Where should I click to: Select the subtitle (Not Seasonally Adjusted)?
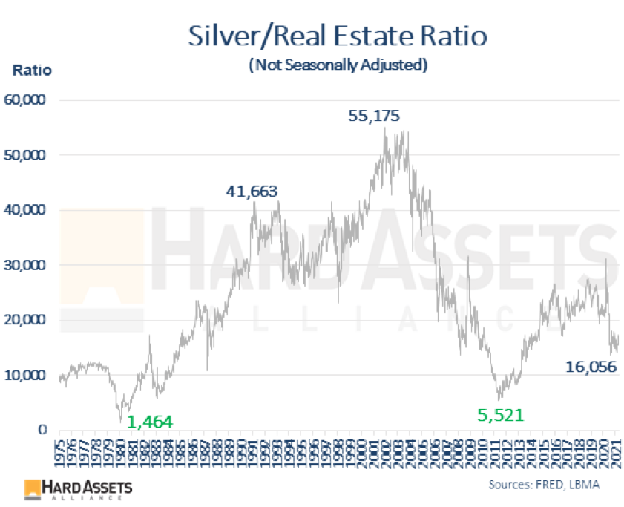click(x=338, y=65)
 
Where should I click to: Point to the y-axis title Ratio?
click(x=31, y=71)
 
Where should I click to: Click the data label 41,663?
click(x=252, y=192)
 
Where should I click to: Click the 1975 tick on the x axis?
click(x=61, y=451)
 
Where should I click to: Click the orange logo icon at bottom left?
click(x=33, y=488)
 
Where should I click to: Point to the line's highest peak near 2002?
click(x=385, y=128)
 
